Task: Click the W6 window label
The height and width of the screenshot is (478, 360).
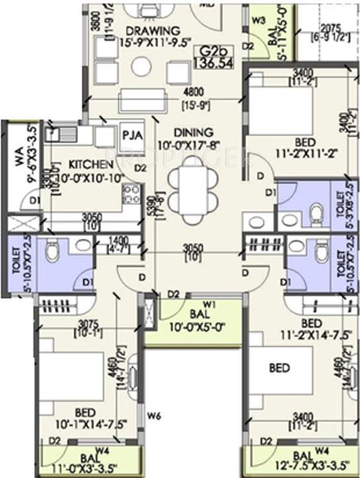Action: tap(154, 416)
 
